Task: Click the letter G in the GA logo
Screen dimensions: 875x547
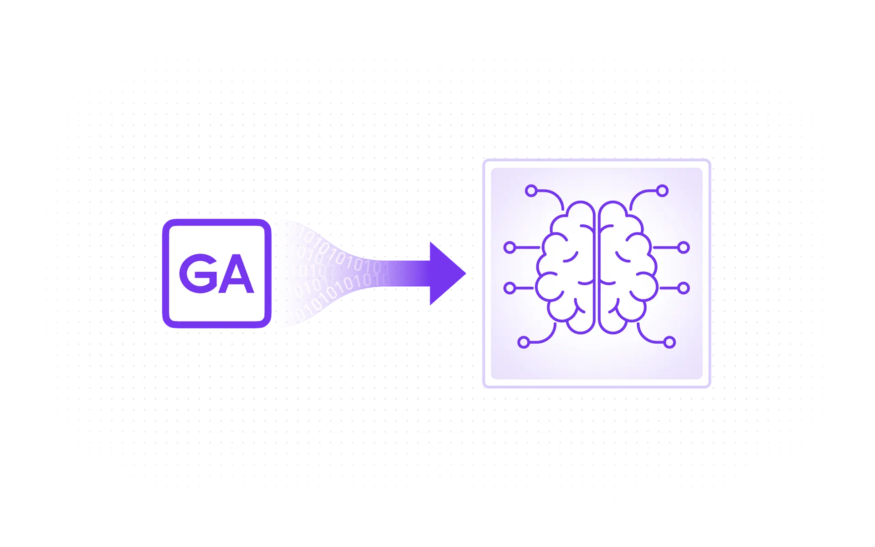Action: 198,273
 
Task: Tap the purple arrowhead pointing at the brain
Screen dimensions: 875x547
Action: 444,273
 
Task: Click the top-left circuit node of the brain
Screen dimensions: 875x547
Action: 531,191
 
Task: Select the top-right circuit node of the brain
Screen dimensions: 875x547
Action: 662,191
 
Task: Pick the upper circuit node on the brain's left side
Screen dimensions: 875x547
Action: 510,248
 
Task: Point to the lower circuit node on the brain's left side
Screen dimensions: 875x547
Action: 510,288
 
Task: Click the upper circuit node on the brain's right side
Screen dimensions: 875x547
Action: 684,248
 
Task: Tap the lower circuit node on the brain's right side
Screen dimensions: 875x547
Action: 684,288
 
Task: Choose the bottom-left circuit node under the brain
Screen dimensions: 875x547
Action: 524,342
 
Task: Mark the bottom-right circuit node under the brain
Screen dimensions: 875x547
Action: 669,342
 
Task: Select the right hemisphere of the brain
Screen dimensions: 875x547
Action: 627,269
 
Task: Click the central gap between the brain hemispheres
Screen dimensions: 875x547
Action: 597,269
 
